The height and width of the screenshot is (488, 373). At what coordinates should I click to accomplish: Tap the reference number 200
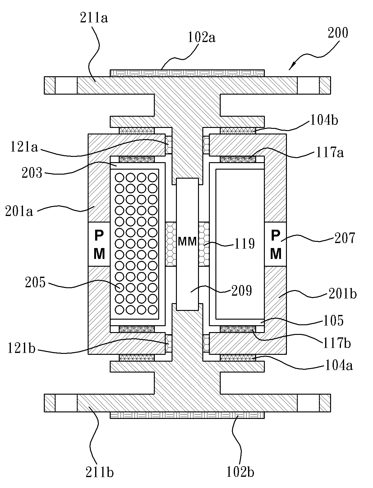pos(338,33)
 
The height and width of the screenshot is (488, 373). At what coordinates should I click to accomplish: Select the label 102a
pos(202,37)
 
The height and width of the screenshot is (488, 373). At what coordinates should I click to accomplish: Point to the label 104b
pos(324,120)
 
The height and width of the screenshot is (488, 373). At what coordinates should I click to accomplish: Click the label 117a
pos(330,153)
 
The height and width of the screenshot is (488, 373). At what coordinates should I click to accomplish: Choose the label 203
pos(32,173)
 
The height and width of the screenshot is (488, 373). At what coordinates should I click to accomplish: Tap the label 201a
pos(19,211)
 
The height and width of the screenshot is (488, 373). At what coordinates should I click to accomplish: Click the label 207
pos(345,238)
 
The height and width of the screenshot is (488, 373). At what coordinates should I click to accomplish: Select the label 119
pos(244,244)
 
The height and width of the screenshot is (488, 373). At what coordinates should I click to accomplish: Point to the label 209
pos(242,291)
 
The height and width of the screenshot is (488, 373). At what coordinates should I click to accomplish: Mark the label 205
pos(35,283)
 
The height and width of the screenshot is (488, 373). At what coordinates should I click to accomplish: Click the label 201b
pos(343,294)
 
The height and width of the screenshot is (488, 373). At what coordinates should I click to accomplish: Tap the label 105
pos(333,320)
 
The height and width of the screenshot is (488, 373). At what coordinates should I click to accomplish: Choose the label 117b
pos(337,343)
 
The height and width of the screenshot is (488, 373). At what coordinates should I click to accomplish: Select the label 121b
pos(21,348)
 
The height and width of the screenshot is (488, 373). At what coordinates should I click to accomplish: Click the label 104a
pos(339,366)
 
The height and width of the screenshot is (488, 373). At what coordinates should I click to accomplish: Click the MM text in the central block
pos(187,242)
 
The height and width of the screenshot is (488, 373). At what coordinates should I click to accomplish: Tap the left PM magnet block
pos(99,244)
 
